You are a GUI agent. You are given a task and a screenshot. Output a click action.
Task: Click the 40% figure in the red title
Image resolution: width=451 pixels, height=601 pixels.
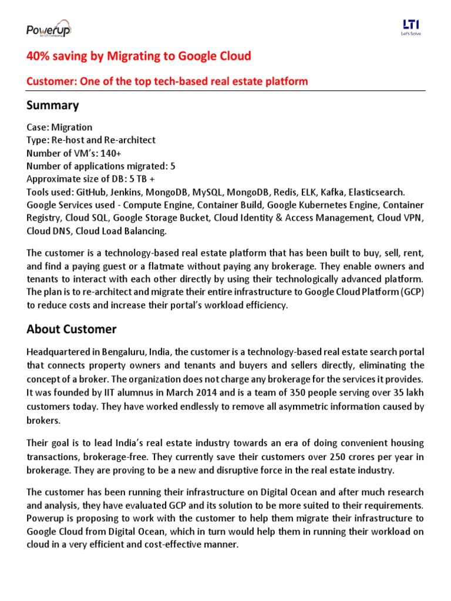coord(37,56)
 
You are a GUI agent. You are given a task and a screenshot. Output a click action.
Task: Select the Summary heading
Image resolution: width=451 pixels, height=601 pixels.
coord(52,106)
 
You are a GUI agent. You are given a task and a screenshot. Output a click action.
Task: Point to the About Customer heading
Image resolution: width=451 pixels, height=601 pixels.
coord(71,329)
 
